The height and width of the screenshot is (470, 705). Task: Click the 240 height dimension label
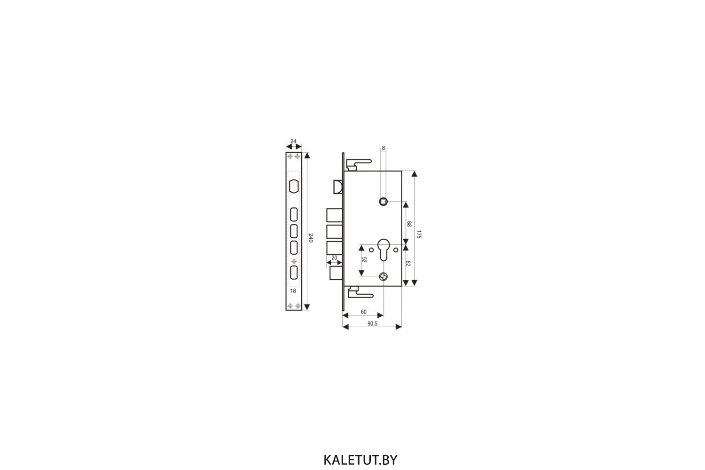pyautogui.click(x=311, y=238)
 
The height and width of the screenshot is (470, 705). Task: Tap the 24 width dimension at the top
pyautogui.click(x=293, y=141)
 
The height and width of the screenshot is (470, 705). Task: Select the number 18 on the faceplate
pyautogui.click(x=293, y=291)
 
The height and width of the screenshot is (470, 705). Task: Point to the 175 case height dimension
pyautogui.click(x=419, y=234)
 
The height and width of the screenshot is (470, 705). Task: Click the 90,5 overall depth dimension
pyautogui.click(x=372, y=324)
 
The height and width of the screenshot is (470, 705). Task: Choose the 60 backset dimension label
pyautogui.click(x=363, y=312)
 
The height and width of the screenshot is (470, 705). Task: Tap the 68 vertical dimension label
pyautogui.click(x=409, y=224)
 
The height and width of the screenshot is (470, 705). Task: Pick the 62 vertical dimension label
pyautogui.click(x=408, y=264)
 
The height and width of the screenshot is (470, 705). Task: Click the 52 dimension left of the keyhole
pyautogui.click(x=364, y=260)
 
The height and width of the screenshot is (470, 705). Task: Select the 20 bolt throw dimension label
pyautogui.click(x=334, y=258)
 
